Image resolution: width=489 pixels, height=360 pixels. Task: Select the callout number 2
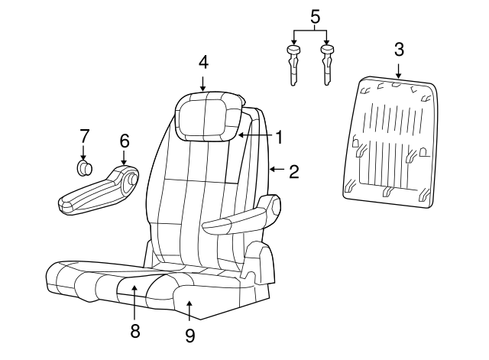point(293,171)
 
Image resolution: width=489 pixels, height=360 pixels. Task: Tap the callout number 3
point(399,50)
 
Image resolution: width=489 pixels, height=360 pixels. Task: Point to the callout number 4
point(202,60)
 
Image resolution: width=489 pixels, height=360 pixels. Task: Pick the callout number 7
point(84,137)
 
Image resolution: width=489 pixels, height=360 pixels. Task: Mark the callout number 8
point(134,330)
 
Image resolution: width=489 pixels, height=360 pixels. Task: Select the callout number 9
point(190,334)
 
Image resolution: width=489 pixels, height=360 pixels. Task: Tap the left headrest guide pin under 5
point(294,66)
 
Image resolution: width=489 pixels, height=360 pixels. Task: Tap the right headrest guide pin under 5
point(328,66)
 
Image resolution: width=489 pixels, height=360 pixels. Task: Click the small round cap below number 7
point(85,167)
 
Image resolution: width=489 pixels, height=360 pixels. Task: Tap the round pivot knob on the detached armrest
point(131,180)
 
